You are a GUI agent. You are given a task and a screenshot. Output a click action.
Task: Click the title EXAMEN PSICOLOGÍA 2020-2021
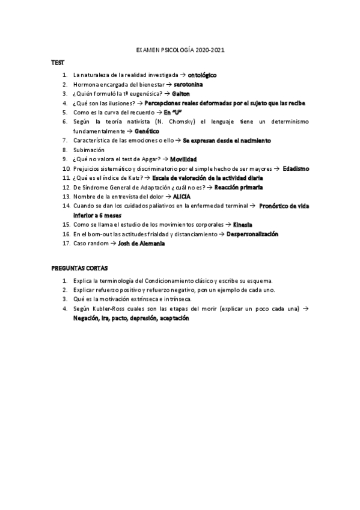click(180, 52)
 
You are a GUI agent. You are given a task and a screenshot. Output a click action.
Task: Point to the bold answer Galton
click(181, 94)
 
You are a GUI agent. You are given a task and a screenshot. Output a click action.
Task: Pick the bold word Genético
click(148, 131)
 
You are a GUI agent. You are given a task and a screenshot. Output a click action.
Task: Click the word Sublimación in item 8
click(88, 149)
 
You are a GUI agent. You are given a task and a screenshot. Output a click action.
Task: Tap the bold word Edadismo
click(296, 168)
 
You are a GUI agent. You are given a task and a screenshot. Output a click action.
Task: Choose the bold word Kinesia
click(244, 224)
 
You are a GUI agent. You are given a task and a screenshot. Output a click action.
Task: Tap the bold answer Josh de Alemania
click(142, 243)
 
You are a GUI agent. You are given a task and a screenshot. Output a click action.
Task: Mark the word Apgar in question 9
click(151, 159)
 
